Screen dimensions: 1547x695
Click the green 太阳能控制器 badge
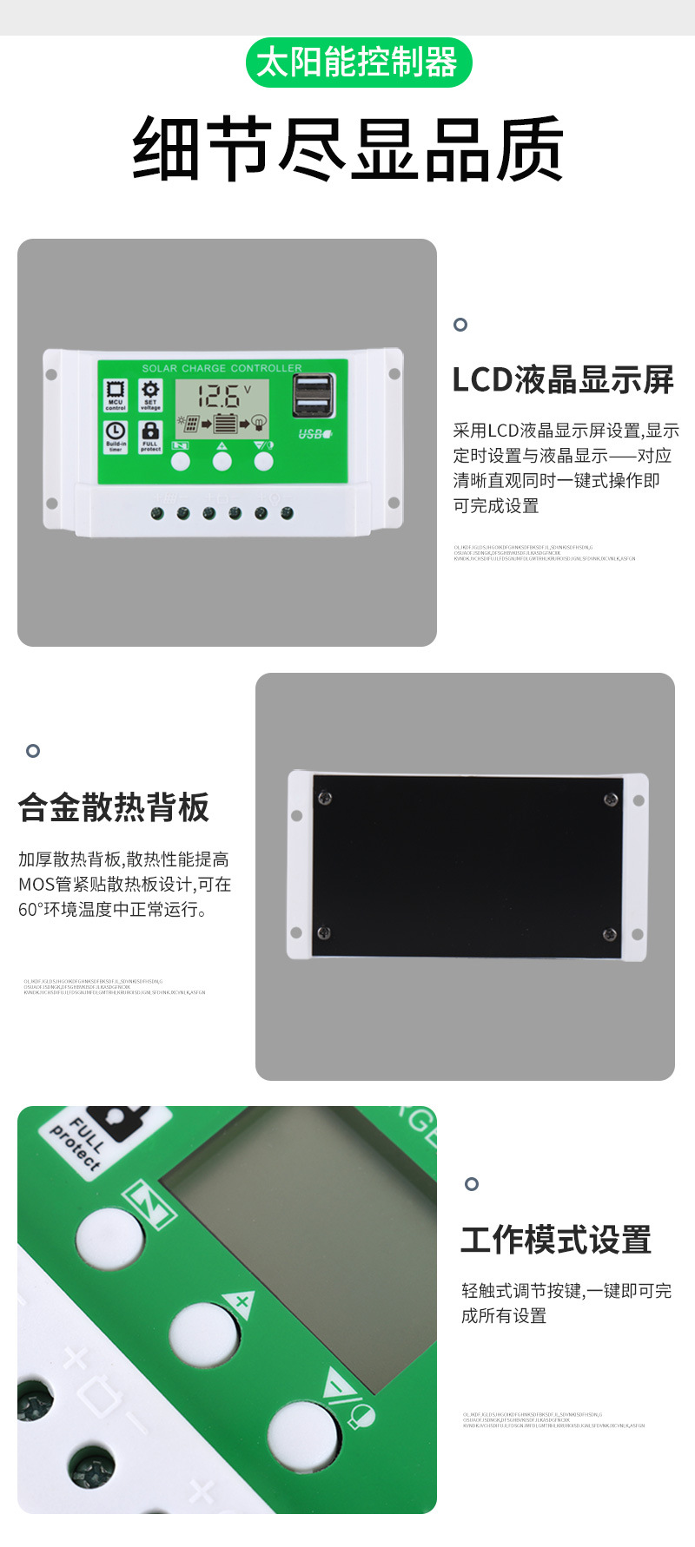point(358,63)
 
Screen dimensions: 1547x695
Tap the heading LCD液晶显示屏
point(563,380)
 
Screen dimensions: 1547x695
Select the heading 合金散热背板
point(114,807)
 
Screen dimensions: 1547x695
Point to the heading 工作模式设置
point(556,1240)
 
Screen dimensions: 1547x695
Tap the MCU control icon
point(116,393)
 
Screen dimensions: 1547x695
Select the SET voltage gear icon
point(150,393)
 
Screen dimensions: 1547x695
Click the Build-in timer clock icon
point(116,434)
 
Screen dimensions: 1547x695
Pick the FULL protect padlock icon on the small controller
point(150,434)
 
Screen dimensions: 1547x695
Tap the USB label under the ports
point(314,434)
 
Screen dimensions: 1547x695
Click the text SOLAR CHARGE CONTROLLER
point(222,368)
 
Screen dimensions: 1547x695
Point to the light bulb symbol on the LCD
point(258,424)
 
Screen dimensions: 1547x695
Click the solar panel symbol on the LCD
point(189,424)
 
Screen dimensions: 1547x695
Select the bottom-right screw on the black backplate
point(609,935)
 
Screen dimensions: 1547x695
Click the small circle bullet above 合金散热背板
point(33,750)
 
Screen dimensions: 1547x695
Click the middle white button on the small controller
point(222,461)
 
